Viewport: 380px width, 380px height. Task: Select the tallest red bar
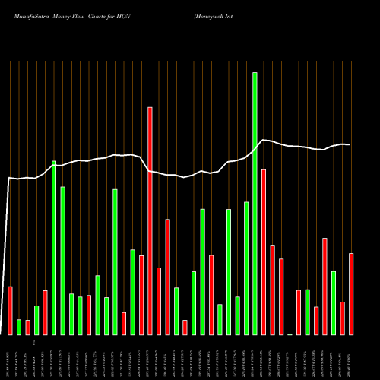coord(150,220)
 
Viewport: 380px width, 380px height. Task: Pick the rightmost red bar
coord(351,293)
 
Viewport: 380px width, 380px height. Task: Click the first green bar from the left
coord(19,327)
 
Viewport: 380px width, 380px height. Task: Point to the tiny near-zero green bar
coord(290,334)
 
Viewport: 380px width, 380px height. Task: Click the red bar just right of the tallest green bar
coord(264,252)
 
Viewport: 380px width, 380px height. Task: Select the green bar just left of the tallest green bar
coord(246,268)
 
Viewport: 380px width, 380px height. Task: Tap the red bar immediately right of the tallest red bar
coord(159,301)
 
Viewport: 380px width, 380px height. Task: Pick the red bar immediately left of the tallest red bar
coord(141,295)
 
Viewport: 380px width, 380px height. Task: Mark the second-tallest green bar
coord(54,248)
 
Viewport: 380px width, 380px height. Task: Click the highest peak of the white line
coord(264,140)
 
